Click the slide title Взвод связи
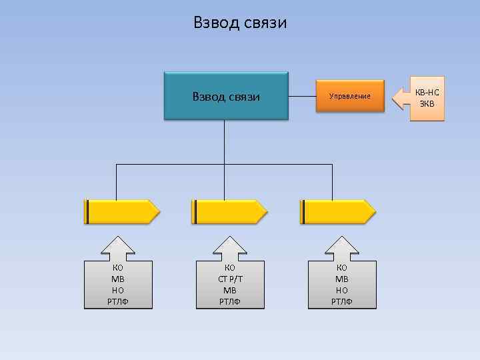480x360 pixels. point(240,23)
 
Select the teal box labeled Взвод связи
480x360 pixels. point(226,96)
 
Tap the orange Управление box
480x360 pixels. point(349,96)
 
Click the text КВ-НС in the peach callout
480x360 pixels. point(427,92)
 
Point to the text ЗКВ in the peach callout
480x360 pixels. point(427,103)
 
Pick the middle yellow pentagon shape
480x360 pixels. point(229,211)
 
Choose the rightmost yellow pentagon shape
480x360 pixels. point(337,211)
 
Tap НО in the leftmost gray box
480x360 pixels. point(118,291)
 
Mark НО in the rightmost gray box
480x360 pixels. point(342,291)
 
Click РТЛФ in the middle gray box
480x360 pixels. point(229,302)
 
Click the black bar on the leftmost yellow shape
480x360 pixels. point(87,211)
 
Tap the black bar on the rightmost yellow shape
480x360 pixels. point(303,211)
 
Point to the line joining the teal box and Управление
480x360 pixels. point(301,96)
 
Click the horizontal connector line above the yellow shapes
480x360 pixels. point(170,163)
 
